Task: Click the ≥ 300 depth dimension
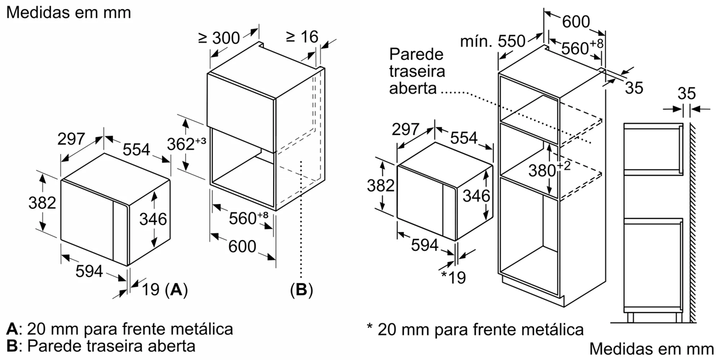tap(219, 38)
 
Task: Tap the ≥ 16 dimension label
tap(302, 37)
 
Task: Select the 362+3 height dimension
tap(187, 145)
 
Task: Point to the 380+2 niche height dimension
tap(550, 170)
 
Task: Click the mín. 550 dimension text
tap(493, 41)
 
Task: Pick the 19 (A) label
tap(164, 290)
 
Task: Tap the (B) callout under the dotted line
tap(301, 290)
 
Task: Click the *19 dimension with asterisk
tap(453, 277)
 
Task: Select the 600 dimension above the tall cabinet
tap(576, 22)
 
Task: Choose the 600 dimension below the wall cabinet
tap(242, 247)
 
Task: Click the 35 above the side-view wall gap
tap(686, 94)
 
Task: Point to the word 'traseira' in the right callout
tap(417, 71)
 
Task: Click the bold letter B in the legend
tap(12, 346)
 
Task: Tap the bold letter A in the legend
tap(12, 329)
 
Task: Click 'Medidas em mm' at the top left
tap(69, 13)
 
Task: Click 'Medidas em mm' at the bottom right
tap(652, 349)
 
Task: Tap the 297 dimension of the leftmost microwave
tap(71, 139)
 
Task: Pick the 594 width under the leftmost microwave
tap(89, 271)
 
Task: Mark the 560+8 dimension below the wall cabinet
tap(248, 218)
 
